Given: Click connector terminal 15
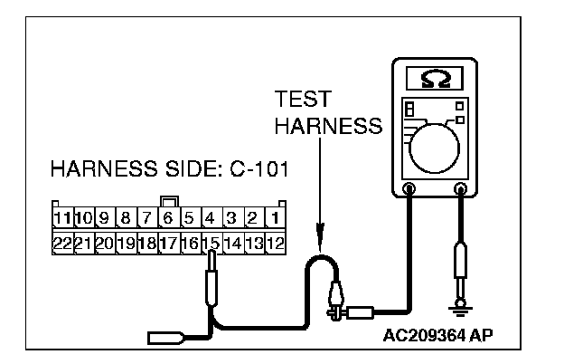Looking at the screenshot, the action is coord(211,243).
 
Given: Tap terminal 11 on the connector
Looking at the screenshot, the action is coord(61,218).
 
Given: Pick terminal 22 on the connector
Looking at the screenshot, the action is coord(61,243).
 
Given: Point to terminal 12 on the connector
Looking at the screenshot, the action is coord(277,243).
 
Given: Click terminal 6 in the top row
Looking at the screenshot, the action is coord(168,218).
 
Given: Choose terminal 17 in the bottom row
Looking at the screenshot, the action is coord(168,243).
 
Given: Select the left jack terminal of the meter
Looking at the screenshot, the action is coord(409,189).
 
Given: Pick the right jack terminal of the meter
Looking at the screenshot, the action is coord(461,189).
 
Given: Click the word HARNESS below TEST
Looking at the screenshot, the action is coord(327,127).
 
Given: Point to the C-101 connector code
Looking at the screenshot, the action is coord(256,170).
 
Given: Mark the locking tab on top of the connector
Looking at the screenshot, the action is coord(168,202).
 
